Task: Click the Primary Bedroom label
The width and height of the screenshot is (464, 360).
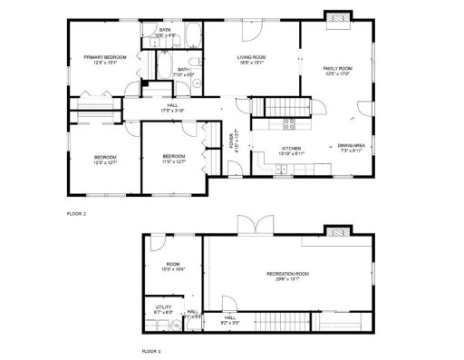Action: click(104, 57)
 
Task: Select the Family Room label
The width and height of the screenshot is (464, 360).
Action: click(336, 69)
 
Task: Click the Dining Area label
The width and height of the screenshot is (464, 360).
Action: click(352, 145)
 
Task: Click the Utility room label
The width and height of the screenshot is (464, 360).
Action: click(163, 307)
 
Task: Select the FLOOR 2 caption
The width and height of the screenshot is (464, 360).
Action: click(76, 214)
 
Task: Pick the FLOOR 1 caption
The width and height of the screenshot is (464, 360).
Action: click(151, 349)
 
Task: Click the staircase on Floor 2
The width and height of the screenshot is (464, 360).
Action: click(278, 108)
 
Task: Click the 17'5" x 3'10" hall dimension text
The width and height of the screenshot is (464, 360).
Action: click(173, 110)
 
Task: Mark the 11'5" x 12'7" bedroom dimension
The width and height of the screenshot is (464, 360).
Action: click(174, 162)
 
